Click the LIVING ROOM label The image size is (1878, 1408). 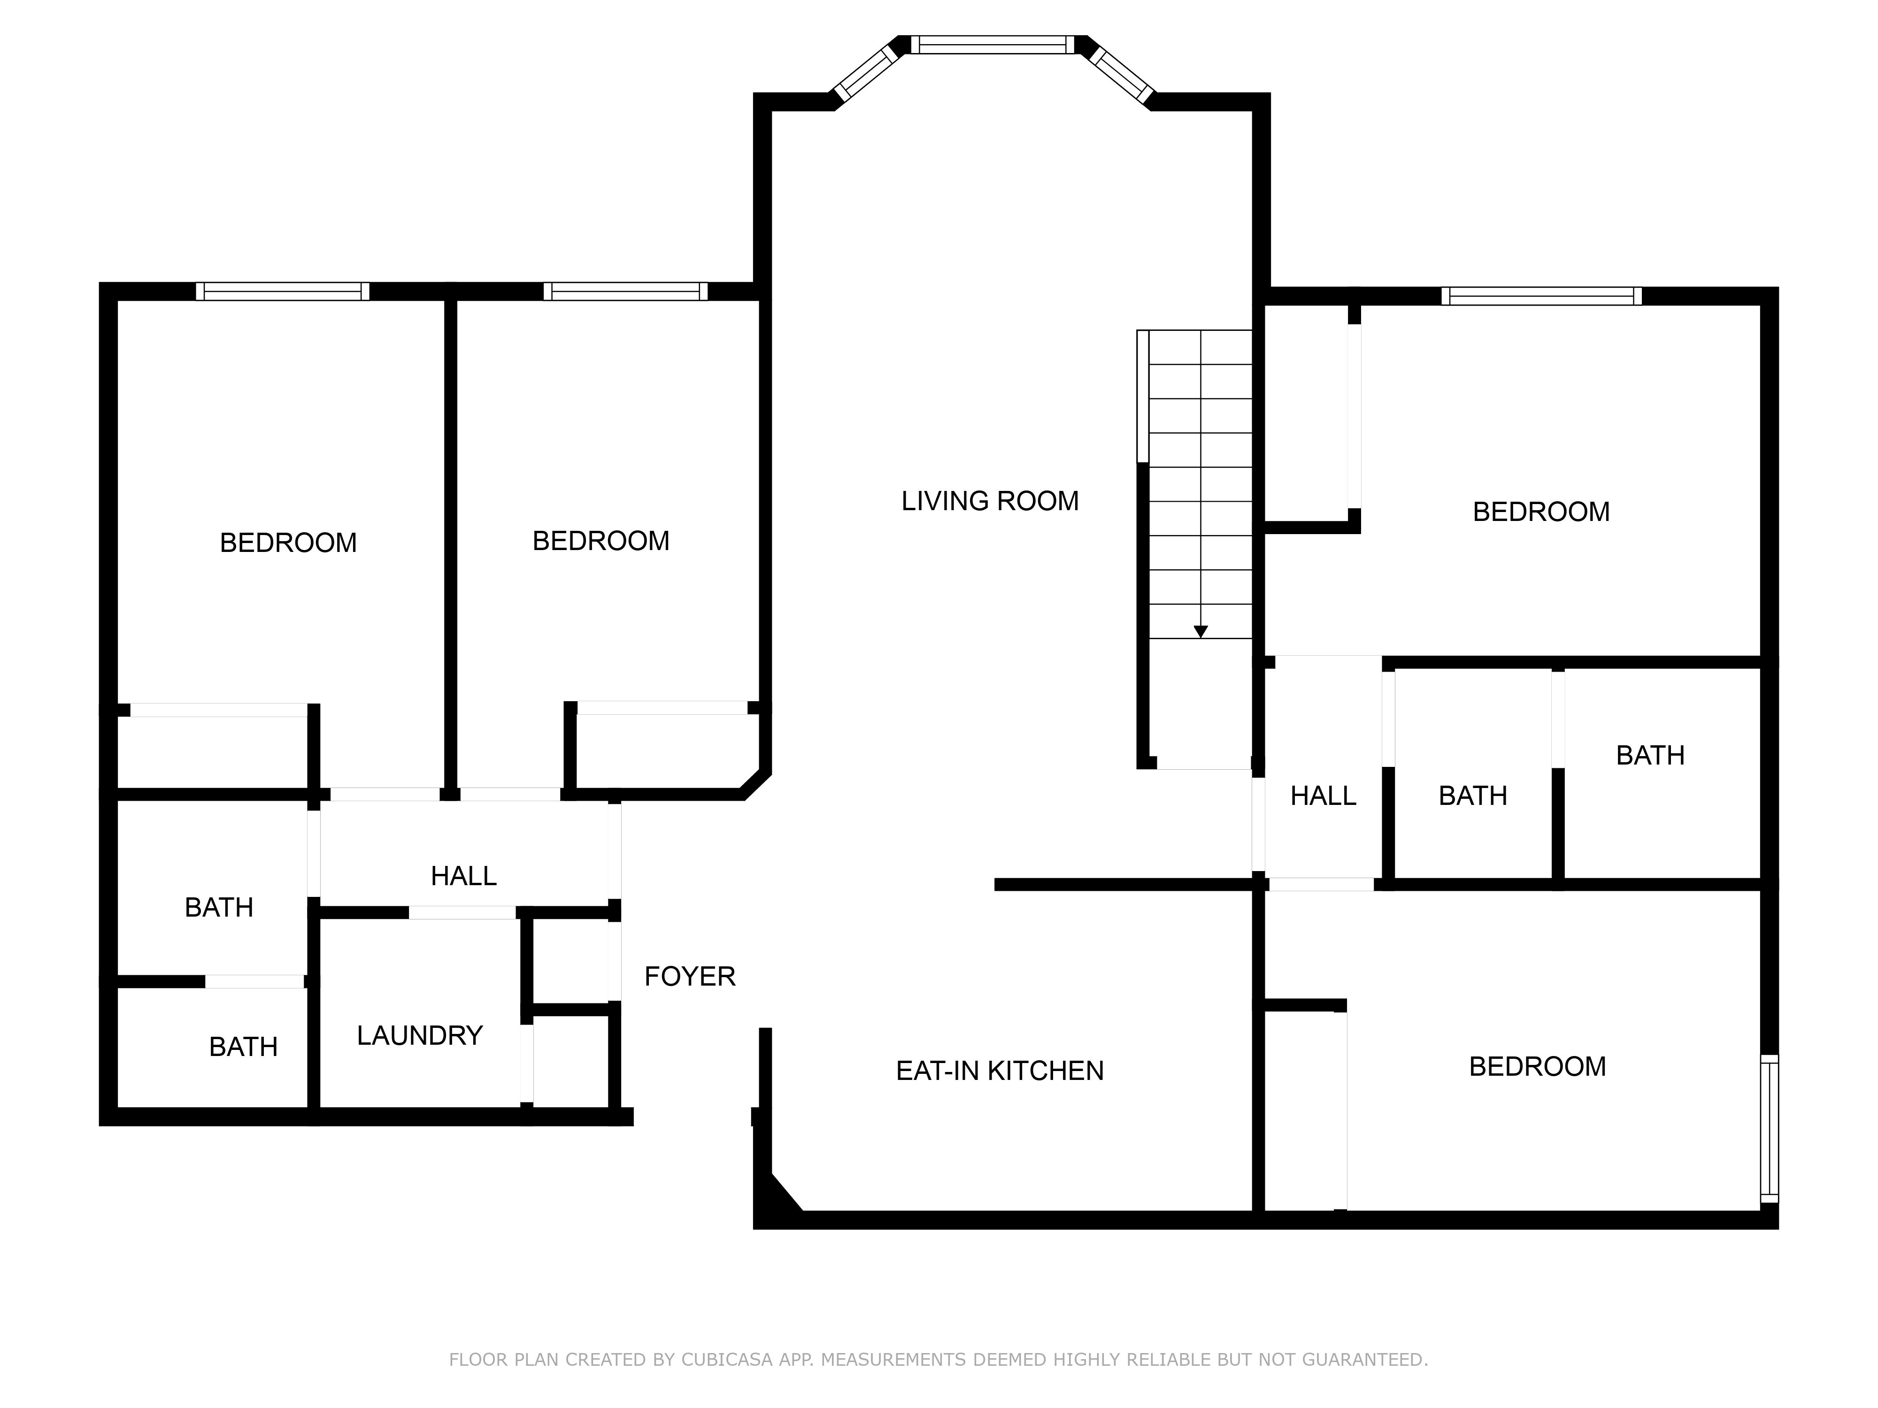(x=990, y=501)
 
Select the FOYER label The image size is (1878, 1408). (x=689, y=977)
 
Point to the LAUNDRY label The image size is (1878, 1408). (x=419, y=1035)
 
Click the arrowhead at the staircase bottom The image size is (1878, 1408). (x=1201, y=631)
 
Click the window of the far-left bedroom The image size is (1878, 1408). (x=283, y=291)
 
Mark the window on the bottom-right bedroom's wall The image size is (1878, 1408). (x=1770, y=1129)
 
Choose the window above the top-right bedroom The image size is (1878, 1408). (x=1541, y=296)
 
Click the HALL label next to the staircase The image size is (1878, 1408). (x=1323, y=796)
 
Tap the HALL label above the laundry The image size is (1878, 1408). (x=463, y=876)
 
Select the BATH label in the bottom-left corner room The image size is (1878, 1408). (x=244, y=1047)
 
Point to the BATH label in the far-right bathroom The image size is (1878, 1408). (x=1650, y=755)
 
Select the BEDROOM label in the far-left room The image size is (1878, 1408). (x=289, y=543)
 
